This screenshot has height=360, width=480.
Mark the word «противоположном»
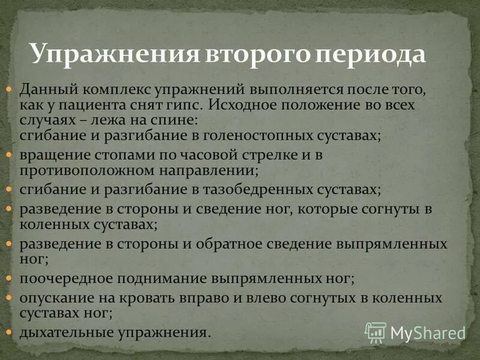click(x=80, y=170)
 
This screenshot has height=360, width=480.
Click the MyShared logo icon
click(x=376, y=332)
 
